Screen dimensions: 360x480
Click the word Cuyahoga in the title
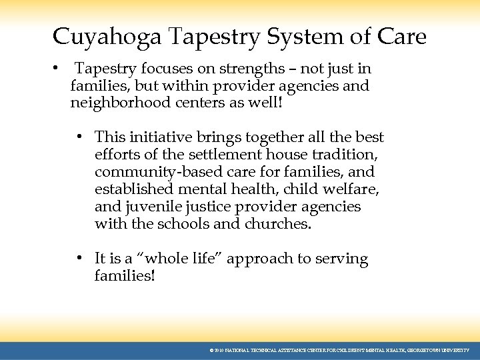107,37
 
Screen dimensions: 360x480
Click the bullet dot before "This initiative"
79,137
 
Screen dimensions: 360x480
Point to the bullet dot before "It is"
79,259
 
